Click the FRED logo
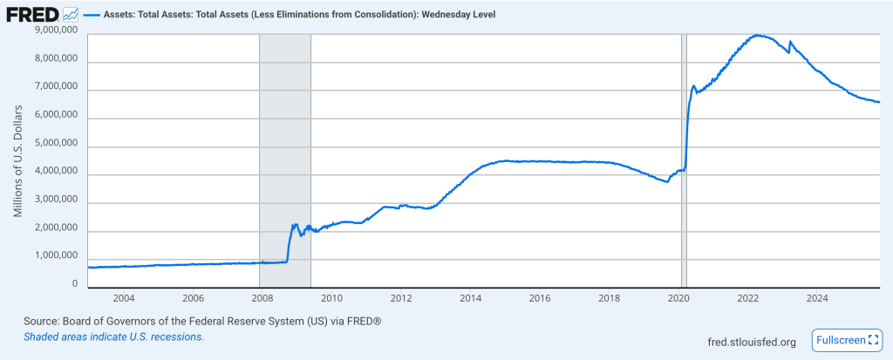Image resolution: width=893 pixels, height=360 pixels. pyautogui.click(x=32, y=16)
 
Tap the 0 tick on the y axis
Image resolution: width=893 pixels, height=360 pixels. pyautogui.click(x=75, y=284)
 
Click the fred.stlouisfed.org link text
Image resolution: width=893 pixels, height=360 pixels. pyautogui.click(x=752, y=342)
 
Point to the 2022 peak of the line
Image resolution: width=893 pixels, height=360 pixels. pyautogui.click(x=758, y=35)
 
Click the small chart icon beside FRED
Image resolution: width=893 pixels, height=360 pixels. pyautogui.click(x=71, y=16)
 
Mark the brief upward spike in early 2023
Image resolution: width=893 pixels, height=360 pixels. pyautogui.click(x=790, y=42)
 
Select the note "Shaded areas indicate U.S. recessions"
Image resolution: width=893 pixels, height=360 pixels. pyautogui.click(x=113, y=336)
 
